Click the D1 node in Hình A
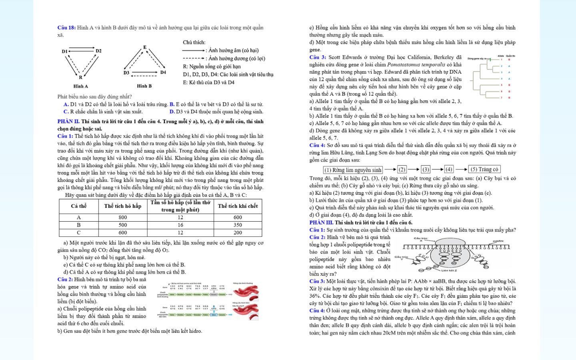coord(64,51)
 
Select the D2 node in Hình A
coord(98,51)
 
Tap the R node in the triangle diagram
coord(80,77)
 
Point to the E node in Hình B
coord(145,47)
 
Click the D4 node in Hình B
coord(163,72)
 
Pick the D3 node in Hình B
coord(126,73)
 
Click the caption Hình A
coord(80,86)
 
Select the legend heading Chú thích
coord(194,42)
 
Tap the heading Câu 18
coord(66,28)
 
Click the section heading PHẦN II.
coord(68,121)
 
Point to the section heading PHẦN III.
coord(321,222)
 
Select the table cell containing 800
coord(123,217)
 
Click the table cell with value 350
coord(238,225)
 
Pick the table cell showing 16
coord(180,225)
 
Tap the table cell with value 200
coord(238,232)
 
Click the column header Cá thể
coord(79,206)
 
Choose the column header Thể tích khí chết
coord(238,206)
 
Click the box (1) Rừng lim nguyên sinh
coord(353,170)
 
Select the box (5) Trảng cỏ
coord(484,169)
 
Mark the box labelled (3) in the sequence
coord(426,170)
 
